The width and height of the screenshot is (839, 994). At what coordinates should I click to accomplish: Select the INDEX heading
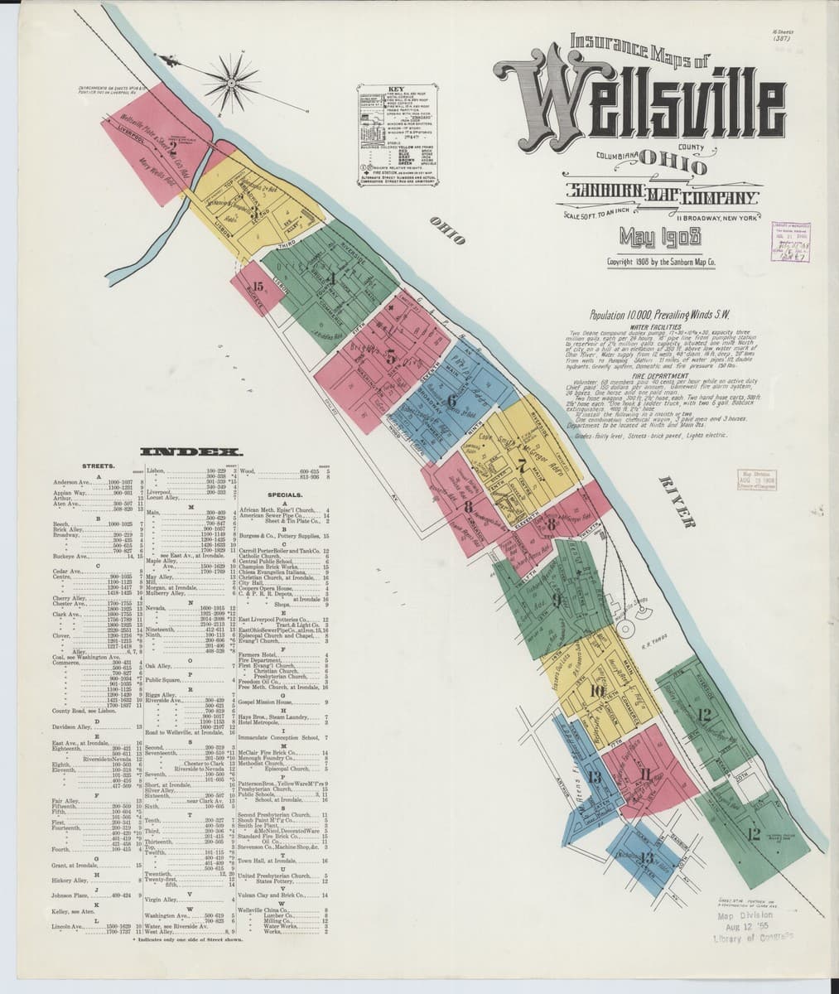[x=191, y=452]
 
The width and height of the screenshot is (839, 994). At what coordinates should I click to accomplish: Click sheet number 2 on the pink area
[x=171, y=149]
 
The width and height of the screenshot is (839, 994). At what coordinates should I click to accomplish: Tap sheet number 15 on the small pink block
[x=258, y=287]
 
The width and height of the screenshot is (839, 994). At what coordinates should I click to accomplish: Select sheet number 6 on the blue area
[x=451, y=402]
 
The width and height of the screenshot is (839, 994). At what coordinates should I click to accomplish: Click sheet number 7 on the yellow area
[x=520, y=465]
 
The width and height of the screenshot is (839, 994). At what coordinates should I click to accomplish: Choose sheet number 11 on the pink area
[x=645, y=774]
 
